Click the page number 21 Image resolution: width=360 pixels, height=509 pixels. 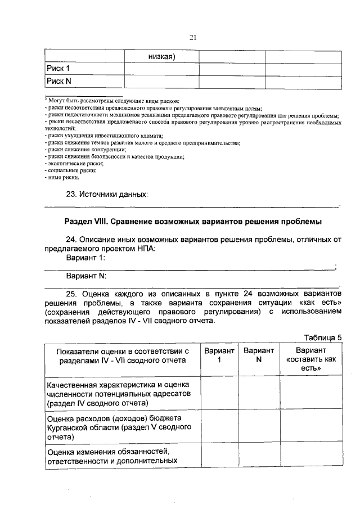[192, 38]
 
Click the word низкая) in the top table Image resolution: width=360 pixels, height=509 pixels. [163, 56]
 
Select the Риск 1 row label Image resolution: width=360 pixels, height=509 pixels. [59, 69]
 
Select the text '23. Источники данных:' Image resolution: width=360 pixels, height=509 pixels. [107, 195]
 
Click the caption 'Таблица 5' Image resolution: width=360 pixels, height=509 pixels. [323, 337]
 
